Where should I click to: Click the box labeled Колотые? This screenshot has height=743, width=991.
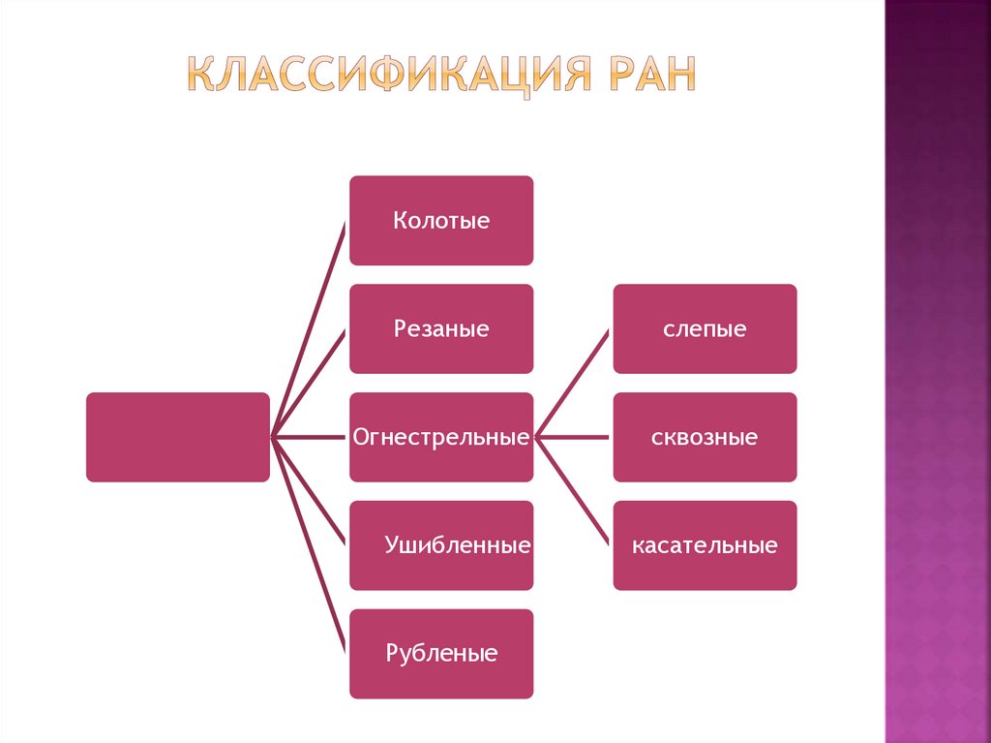(440, 220)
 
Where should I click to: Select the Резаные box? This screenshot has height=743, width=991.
(440, 328)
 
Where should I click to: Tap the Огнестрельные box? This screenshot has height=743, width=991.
(440, 437)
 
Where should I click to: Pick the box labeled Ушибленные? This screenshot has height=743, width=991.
(440, 545)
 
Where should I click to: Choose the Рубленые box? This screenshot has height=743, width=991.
(440, 654)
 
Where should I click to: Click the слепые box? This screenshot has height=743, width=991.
(705, 328)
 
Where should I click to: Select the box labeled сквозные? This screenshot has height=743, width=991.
(705, 437)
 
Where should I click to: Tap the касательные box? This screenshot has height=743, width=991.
(705, 545)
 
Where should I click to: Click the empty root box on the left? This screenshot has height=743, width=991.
(177, 437)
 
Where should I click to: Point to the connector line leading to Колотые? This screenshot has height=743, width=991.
(308, 329)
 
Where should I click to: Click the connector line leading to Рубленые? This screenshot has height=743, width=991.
(308, 544)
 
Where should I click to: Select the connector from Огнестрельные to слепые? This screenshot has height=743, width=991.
(573, 383)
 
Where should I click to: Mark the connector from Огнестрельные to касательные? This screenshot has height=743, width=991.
(573, 491)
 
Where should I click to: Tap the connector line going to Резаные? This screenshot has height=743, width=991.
(308, 384)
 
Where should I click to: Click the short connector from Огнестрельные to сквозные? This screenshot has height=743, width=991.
(573, 437)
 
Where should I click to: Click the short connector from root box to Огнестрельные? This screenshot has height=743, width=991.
(310, 437)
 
